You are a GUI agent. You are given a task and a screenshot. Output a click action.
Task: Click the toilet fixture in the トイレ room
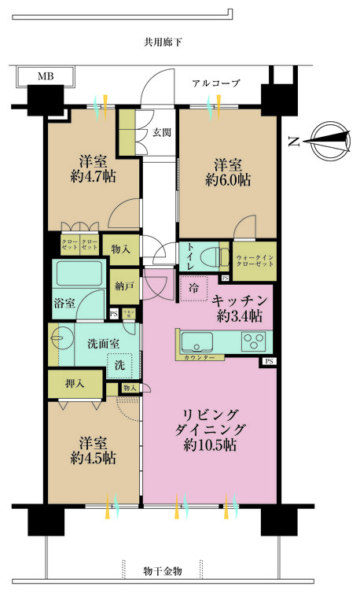(208, 257)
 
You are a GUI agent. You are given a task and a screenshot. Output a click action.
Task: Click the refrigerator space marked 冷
(193, 287)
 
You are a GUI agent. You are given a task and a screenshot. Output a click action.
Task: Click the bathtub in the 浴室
(79, 275)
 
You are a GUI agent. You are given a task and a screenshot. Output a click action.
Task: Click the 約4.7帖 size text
(93, 177)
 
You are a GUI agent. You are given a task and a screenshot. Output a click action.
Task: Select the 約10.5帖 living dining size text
(211, 445)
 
